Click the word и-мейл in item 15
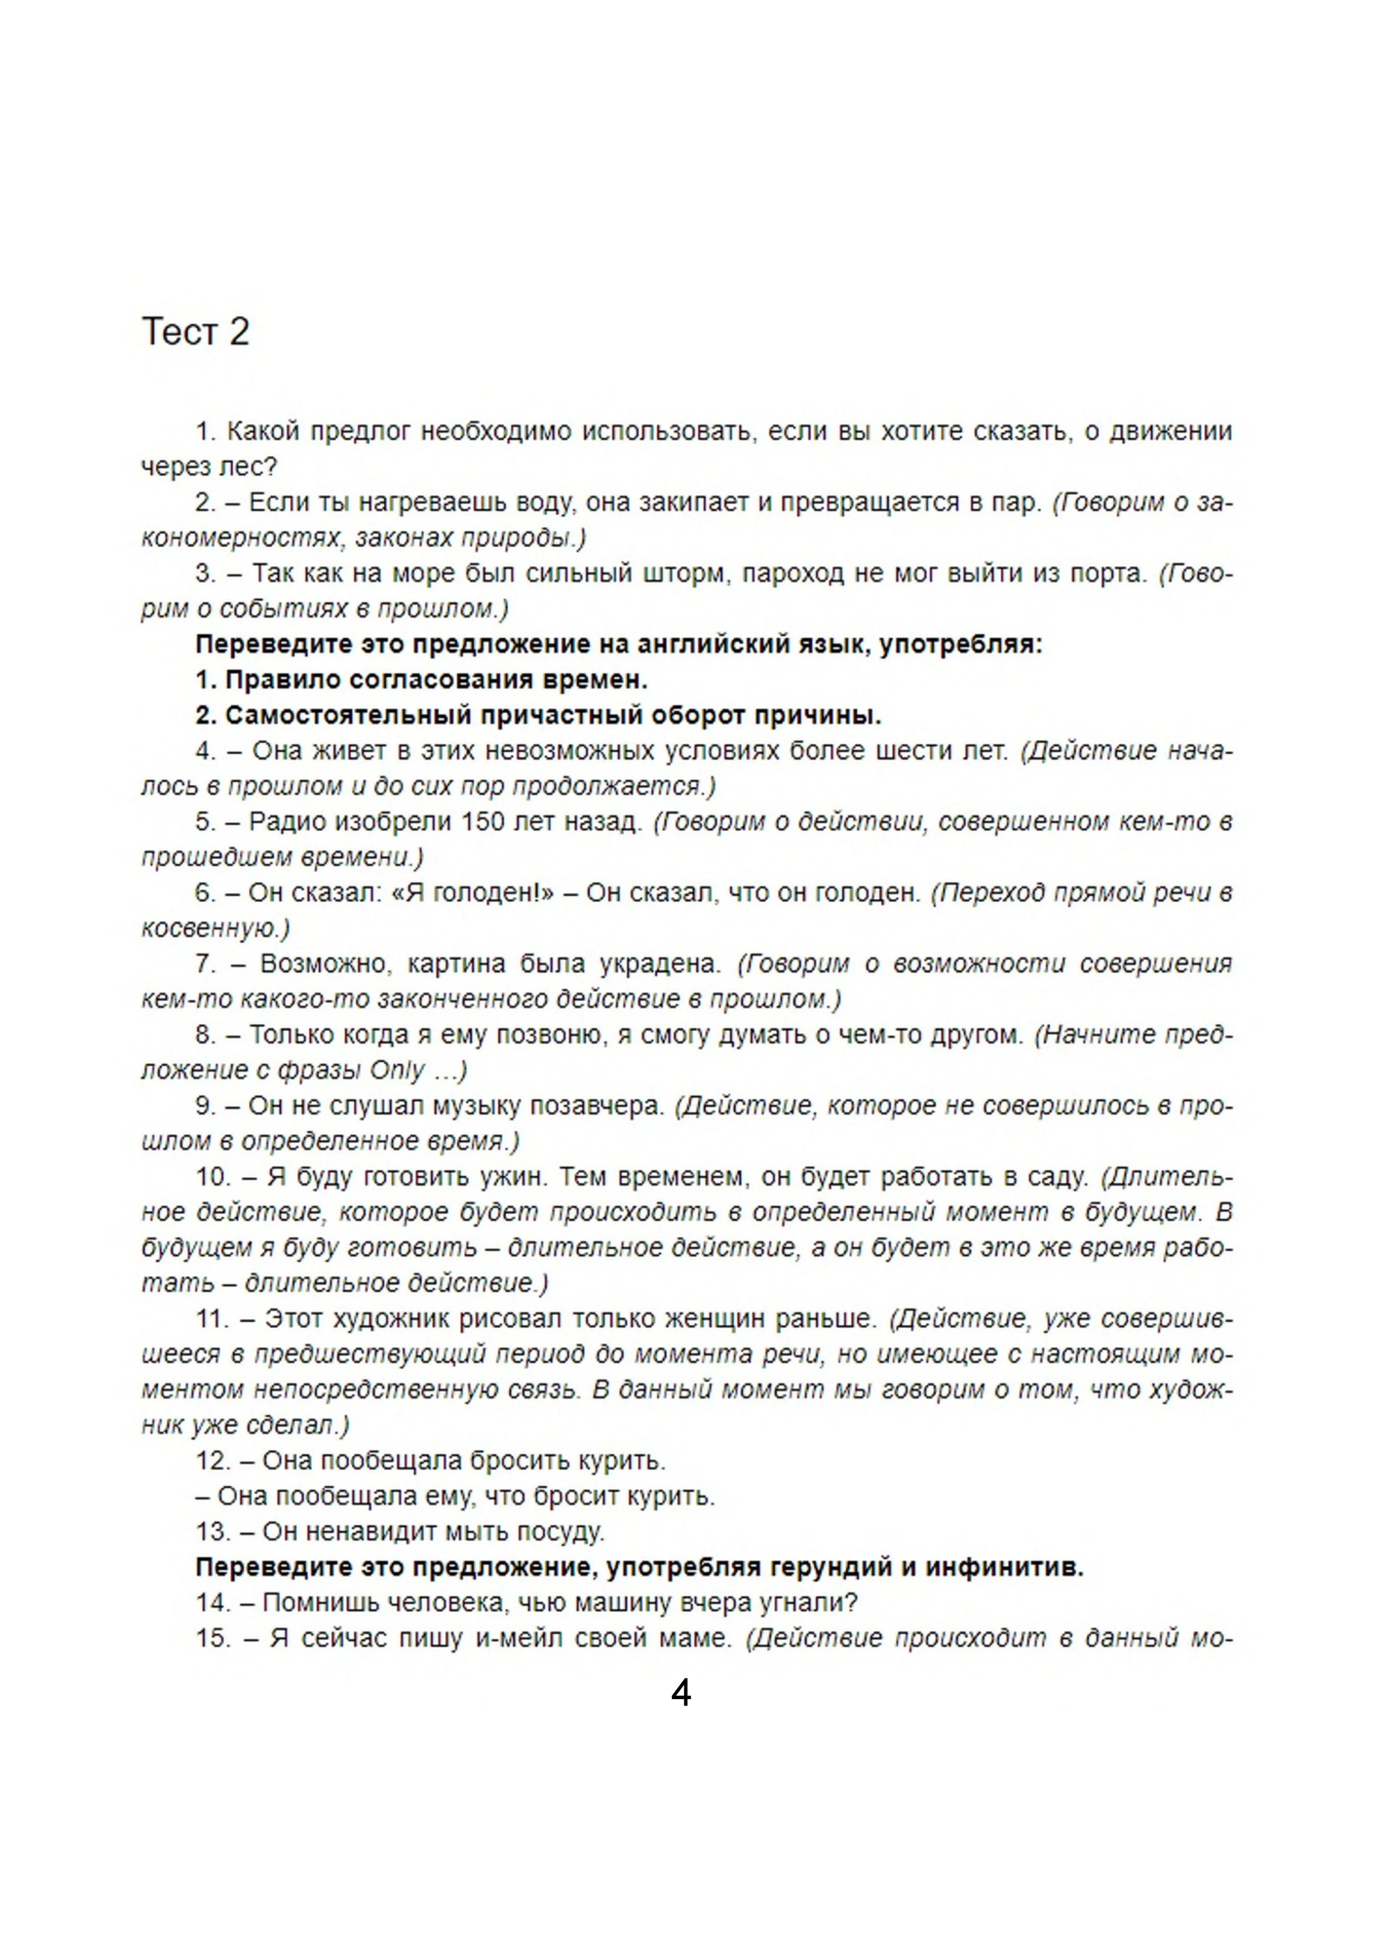(519, 1638)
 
